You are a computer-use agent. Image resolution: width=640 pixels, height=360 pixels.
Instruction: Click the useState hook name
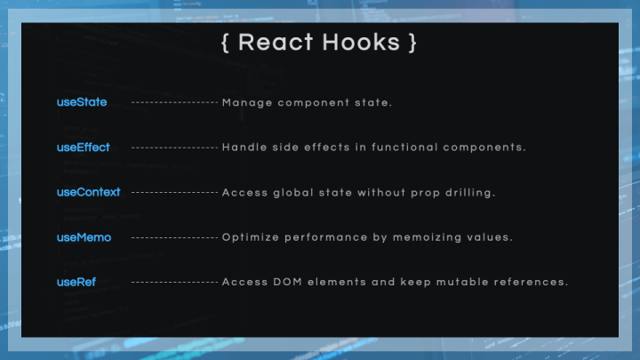point(82,102)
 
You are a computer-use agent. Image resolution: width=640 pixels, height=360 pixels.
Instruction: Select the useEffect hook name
point(84,147)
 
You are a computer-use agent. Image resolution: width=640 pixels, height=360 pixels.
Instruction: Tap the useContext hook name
point(89,192)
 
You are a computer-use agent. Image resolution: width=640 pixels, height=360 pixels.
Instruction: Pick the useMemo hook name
point(84,237)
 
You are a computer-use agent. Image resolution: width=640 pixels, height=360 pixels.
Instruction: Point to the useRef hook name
point(76,282)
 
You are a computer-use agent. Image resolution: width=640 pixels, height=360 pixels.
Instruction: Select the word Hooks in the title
point(361,42)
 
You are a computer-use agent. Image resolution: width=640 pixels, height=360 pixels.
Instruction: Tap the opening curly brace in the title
point(225,43)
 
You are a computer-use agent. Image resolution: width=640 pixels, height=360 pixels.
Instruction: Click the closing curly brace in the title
point(412,43)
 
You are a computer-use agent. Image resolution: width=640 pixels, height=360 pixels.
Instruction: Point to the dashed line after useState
point(175,102)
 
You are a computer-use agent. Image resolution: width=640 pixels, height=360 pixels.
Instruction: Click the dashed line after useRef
point(175,282)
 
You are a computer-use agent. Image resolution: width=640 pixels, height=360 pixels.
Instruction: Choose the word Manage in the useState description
point(247,103)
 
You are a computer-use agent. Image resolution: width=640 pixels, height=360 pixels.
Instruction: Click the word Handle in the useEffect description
point(244,147)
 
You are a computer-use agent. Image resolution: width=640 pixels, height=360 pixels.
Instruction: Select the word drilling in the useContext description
point(470,193)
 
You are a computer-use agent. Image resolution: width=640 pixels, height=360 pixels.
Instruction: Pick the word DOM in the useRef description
point(287,282)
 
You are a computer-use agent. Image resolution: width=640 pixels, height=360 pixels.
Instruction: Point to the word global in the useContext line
point(293,193)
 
